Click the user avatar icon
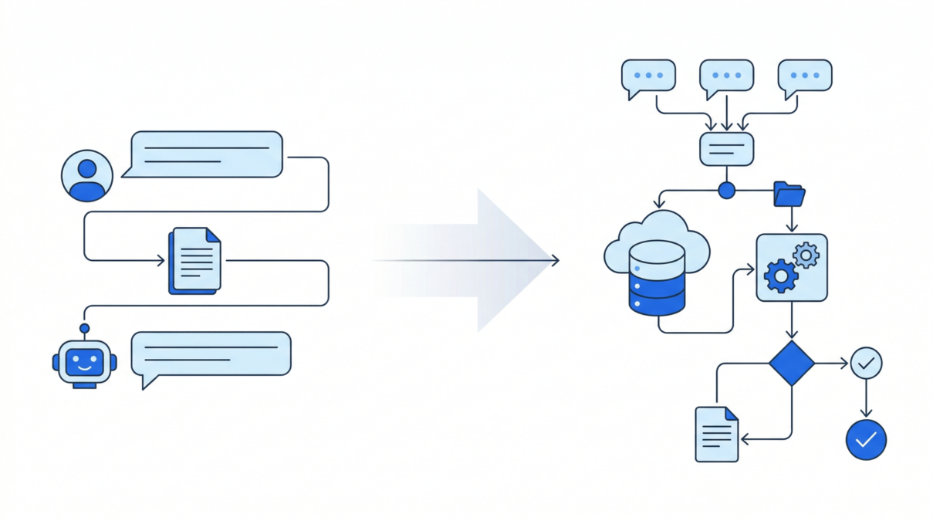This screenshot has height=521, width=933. (87, 176)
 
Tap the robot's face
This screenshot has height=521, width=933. (85, 361)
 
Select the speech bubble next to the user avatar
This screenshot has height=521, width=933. (205, 154)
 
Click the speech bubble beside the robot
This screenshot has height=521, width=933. (211, 355)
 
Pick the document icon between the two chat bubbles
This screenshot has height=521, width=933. (195, 260)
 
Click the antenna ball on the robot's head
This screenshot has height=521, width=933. (85, 328)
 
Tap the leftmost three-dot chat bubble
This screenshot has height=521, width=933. (648, 76)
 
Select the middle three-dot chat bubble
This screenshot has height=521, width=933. (726, 76)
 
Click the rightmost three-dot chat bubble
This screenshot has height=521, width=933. (805, 76)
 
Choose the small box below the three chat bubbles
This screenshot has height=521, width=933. (726, 148)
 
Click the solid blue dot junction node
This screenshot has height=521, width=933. (726, 190)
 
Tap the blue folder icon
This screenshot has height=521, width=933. (789, 195)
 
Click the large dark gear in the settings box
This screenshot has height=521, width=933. (780, 275)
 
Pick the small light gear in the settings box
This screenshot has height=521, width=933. (806, 254)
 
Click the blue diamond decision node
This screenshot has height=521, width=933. (792, 363)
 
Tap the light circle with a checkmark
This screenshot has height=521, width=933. (866, 362)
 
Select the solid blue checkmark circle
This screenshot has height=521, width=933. (866, 440)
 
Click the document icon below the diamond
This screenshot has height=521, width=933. (717, 434)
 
